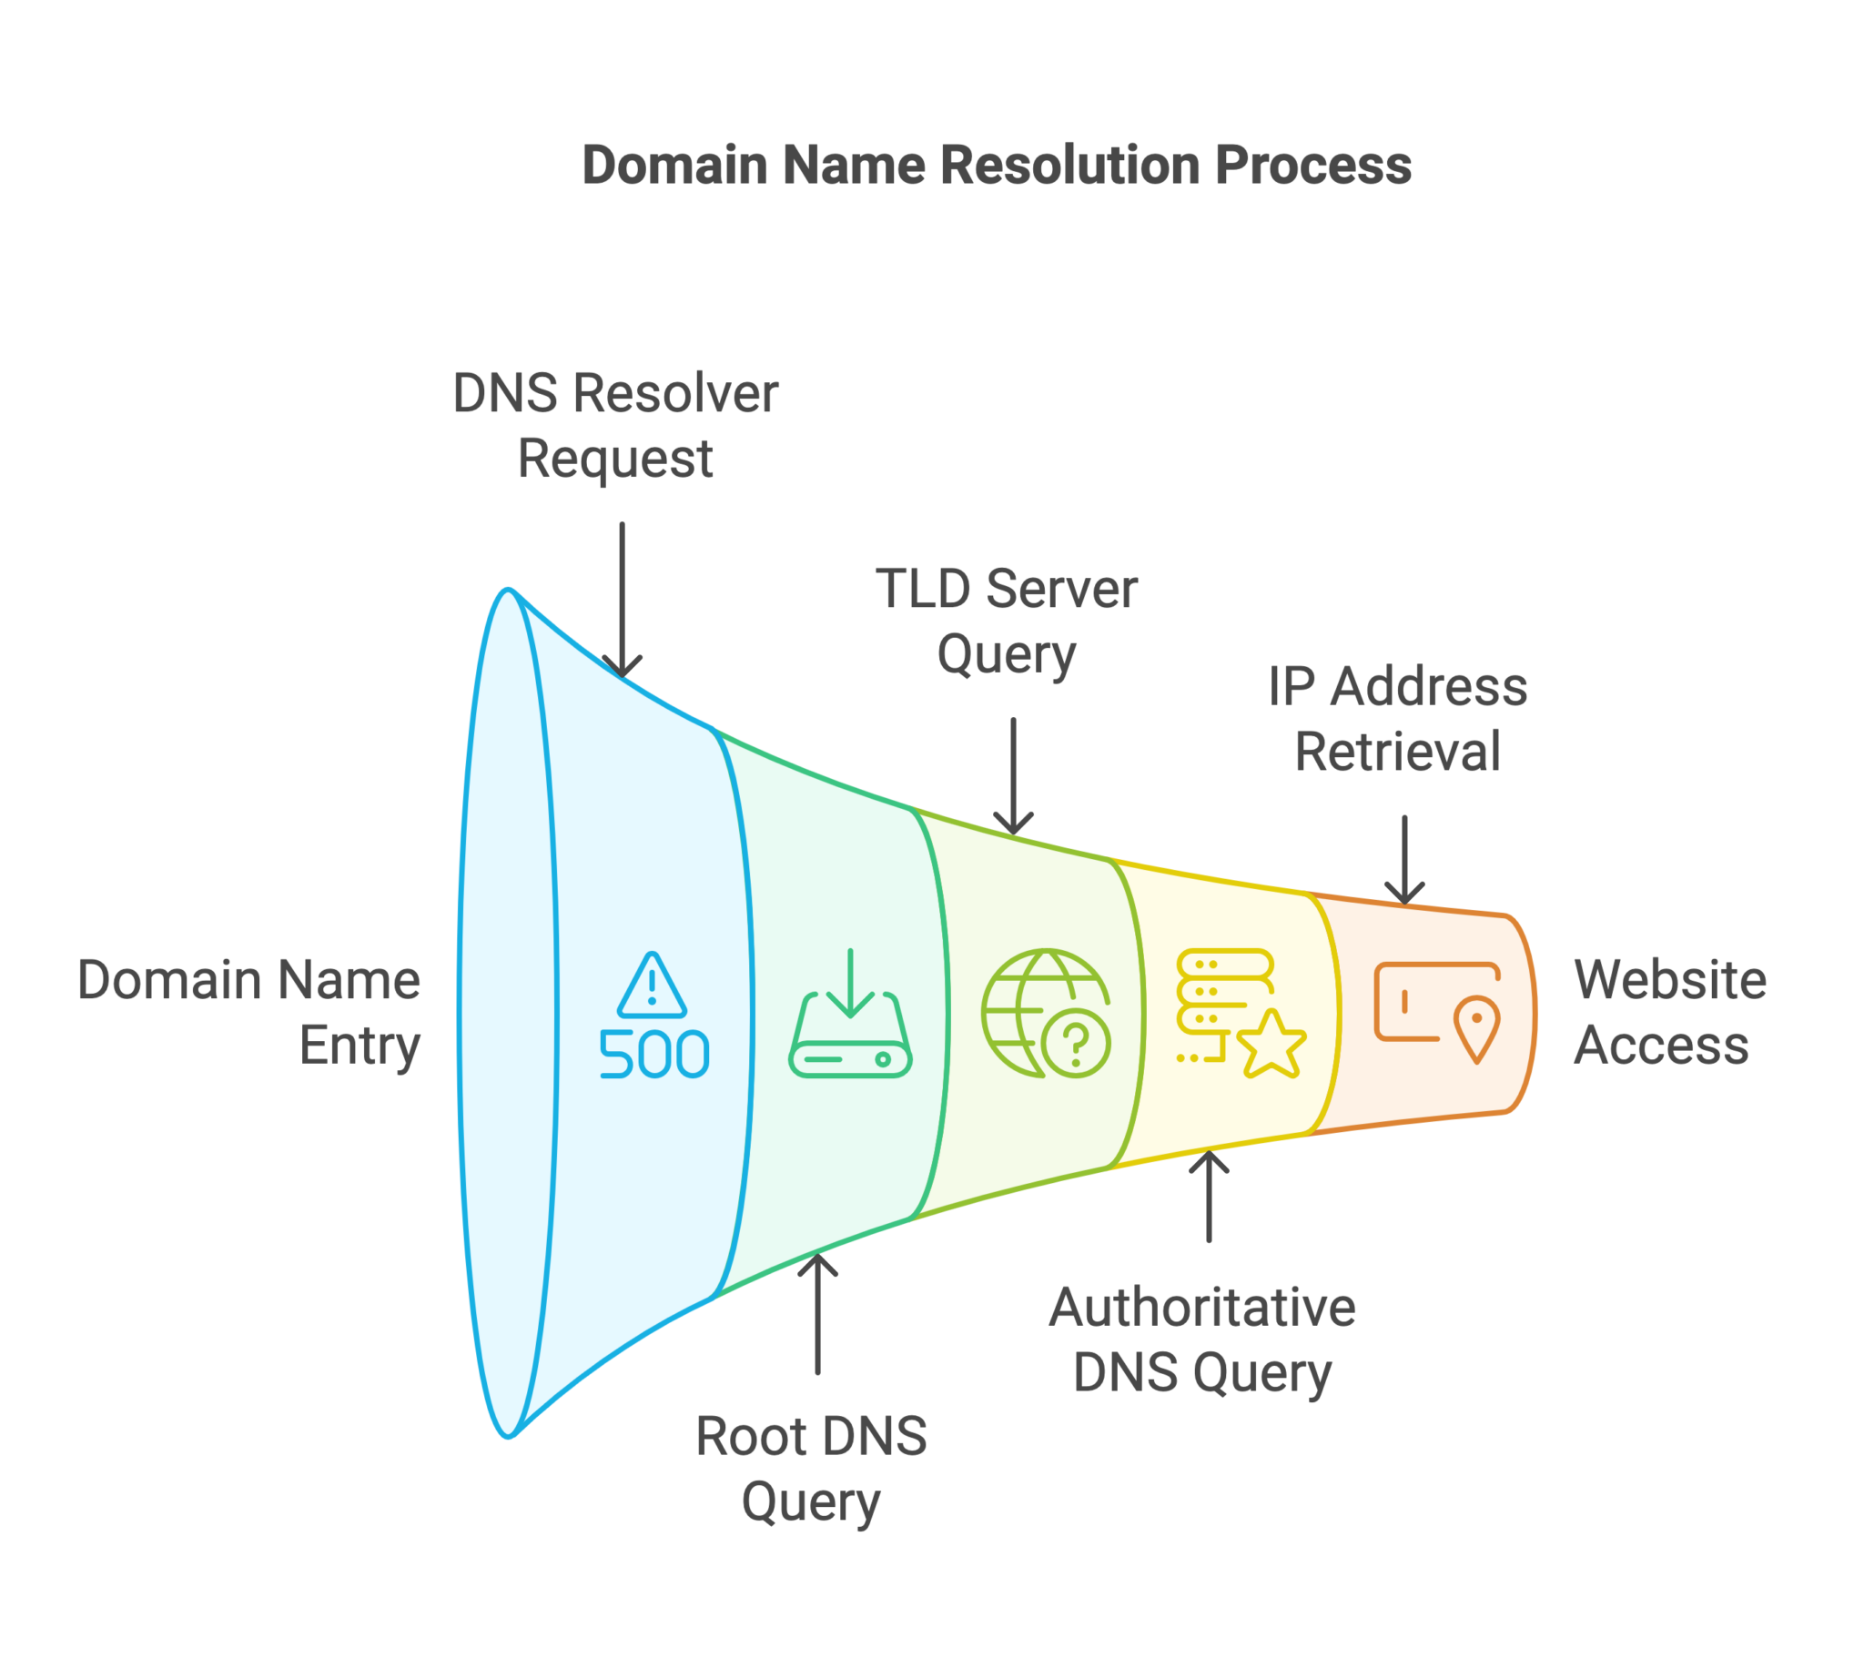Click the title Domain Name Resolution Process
point(996,166)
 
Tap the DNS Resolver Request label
point(615,426)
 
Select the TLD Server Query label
point(1007,622)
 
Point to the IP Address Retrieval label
point(1397,720)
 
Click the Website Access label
point(1670,1013)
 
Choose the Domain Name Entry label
point(249,1013)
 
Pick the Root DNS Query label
point(811,1469)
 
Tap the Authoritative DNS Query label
point(1202,1339)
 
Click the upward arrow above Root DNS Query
point(817,1314)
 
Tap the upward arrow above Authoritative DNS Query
point(1209,1196)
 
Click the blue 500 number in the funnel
point(653,1054)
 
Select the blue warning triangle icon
point(652,986)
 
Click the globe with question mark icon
point(1046,1013)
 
